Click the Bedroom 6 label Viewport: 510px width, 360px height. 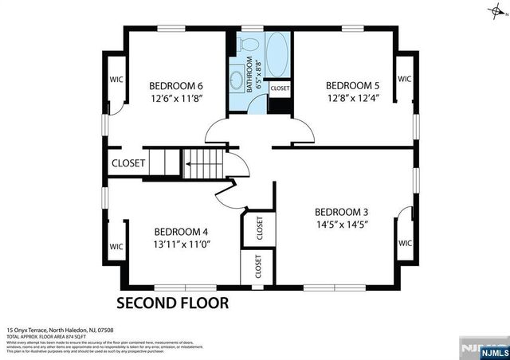(x=176, y=86)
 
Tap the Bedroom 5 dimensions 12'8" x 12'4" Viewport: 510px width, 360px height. (x=352, y=98)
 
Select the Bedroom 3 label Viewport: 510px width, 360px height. (x=341, y=212)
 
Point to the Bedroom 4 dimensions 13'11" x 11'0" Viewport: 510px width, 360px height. (x=182, y=244)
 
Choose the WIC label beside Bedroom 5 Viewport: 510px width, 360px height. (x=404, y=80)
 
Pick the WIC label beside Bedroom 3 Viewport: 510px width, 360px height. (x=404, y=243)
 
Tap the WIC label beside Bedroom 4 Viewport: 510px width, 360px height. (x=115, y=246)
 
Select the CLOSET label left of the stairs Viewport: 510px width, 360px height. (x=128, y=163)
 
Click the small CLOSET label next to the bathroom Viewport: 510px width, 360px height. (x=280, y=88)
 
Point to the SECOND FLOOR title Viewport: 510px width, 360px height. (x=173, y=303)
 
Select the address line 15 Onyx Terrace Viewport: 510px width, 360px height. (x=60, y=330)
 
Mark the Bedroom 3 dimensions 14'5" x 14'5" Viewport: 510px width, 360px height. (x=341, y=225)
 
